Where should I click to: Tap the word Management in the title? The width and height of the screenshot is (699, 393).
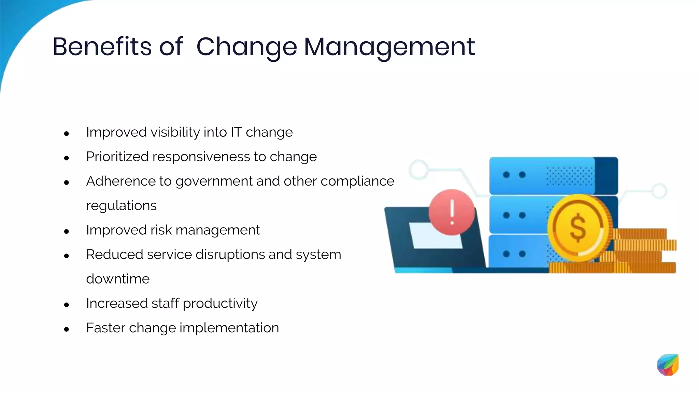389,47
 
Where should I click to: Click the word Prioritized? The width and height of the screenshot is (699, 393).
117,157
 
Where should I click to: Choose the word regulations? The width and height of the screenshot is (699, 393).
121,206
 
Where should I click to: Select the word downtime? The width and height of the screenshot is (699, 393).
118,279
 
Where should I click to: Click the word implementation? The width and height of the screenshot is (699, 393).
229,328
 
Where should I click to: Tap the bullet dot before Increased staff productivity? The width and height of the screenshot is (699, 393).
67,305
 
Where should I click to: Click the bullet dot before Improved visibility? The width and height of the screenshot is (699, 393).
67,133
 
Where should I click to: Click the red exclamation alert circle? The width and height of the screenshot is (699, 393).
452,212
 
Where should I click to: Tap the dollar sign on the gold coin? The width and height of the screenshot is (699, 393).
578,228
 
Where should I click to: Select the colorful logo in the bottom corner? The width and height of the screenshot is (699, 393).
668,365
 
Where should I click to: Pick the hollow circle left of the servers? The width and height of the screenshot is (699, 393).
419,170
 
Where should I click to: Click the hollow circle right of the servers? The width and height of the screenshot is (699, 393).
659,191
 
